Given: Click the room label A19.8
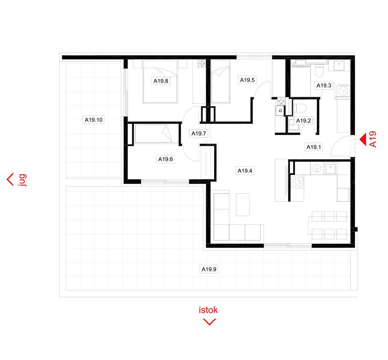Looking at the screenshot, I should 161,81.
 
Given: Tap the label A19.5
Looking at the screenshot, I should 248,79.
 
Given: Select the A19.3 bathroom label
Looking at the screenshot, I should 325,85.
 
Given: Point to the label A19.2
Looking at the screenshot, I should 303,120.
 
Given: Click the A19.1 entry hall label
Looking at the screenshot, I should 314,147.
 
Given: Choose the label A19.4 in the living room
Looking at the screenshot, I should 245,171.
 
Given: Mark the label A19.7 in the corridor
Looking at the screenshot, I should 199,134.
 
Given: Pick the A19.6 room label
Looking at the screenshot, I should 166,159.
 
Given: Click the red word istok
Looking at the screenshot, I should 208,310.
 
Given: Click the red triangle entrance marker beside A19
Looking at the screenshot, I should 363,139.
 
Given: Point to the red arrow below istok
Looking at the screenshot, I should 209,322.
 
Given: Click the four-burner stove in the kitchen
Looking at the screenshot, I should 297,182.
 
